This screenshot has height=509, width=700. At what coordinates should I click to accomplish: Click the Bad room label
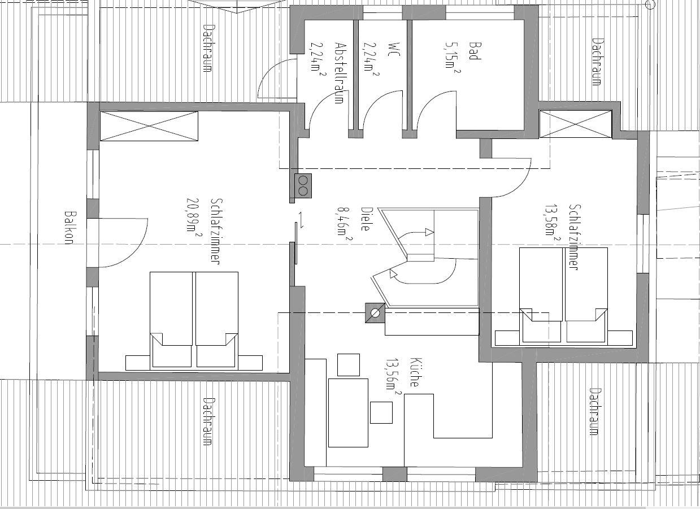(x=475, y=50)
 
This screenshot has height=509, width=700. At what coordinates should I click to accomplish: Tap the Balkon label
(x=69, y=228)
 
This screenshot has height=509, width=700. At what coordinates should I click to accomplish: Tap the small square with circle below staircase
(x=375, y=313)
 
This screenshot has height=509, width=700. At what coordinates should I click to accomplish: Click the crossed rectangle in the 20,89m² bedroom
(x=149, y=126)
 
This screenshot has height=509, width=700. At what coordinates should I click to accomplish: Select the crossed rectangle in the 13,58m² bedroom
(x=575, y=124)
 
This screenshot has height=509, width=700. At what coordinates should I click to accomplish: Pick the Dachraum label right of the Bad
(x=595, y=61)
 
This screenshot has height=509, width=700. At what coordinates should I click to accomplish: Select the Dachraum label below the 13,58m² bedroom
(x=593, y=411)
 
